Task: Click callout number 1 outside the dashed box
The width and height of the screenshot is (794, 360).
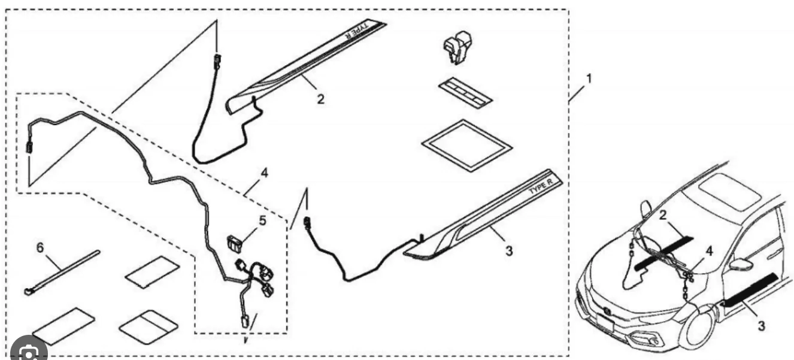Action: [x=589, y=78]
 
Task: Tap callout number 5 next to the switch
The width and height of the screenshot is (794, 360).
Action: [x=262, y=221]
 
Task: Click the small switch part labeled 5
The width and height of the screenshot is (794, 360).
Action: [x=235, y=243]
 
